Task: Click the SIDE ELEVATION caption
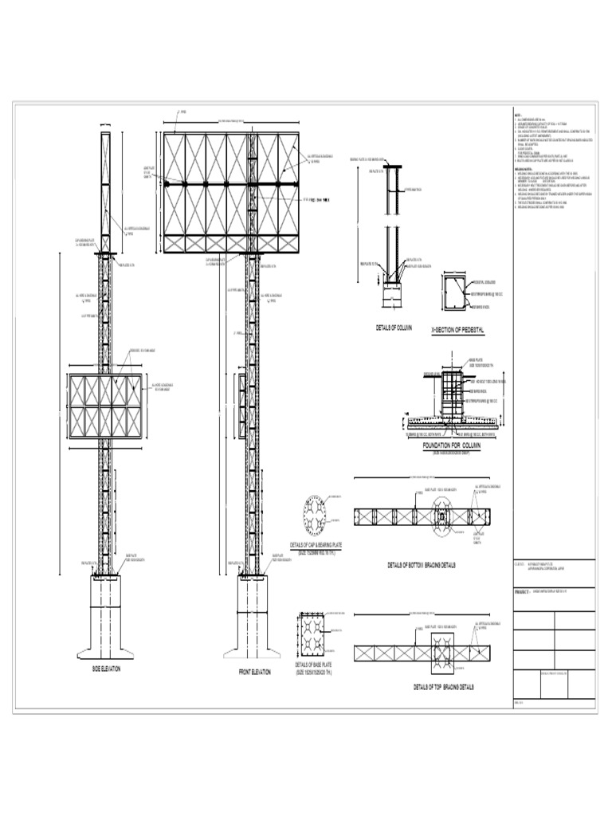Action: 105,669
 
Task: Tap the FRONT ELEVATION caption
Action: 256,673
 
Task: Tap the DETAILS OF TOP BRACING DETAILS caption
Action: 443,685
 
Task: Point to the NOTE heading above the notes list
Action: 516,116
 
